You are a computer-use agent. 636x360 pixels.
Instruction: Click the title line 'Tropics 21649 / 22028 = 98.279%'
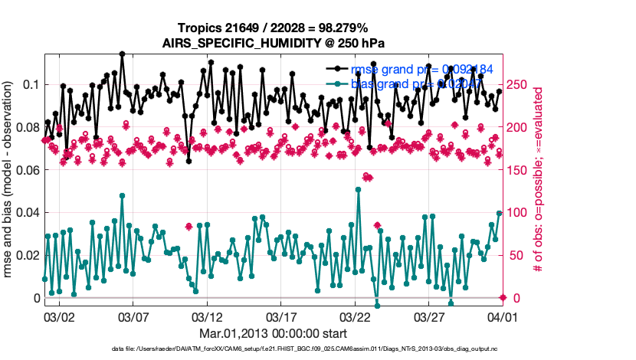coord(273,28)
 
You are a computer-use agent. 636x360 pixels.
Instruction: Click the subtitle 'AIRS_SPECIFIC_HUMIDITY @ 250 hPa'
coord(273,43)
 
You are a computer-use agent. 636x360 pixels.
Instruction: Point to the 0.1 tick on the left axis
coord(30,84)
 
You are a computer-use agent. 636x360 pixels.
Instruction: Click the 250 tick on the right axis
coord(517,84)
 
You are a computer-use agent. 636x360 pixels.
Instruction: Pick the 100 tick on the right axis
coord(517,212)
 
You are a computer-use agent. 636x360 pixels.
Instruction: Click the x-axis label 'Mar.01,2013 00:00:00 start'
coord(273,333)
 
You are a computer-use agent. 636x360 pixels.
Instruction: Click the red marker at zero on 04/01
coord(503,297)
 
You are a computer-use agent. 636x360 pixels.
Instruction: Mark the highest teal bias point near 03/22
coord(359,189)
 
